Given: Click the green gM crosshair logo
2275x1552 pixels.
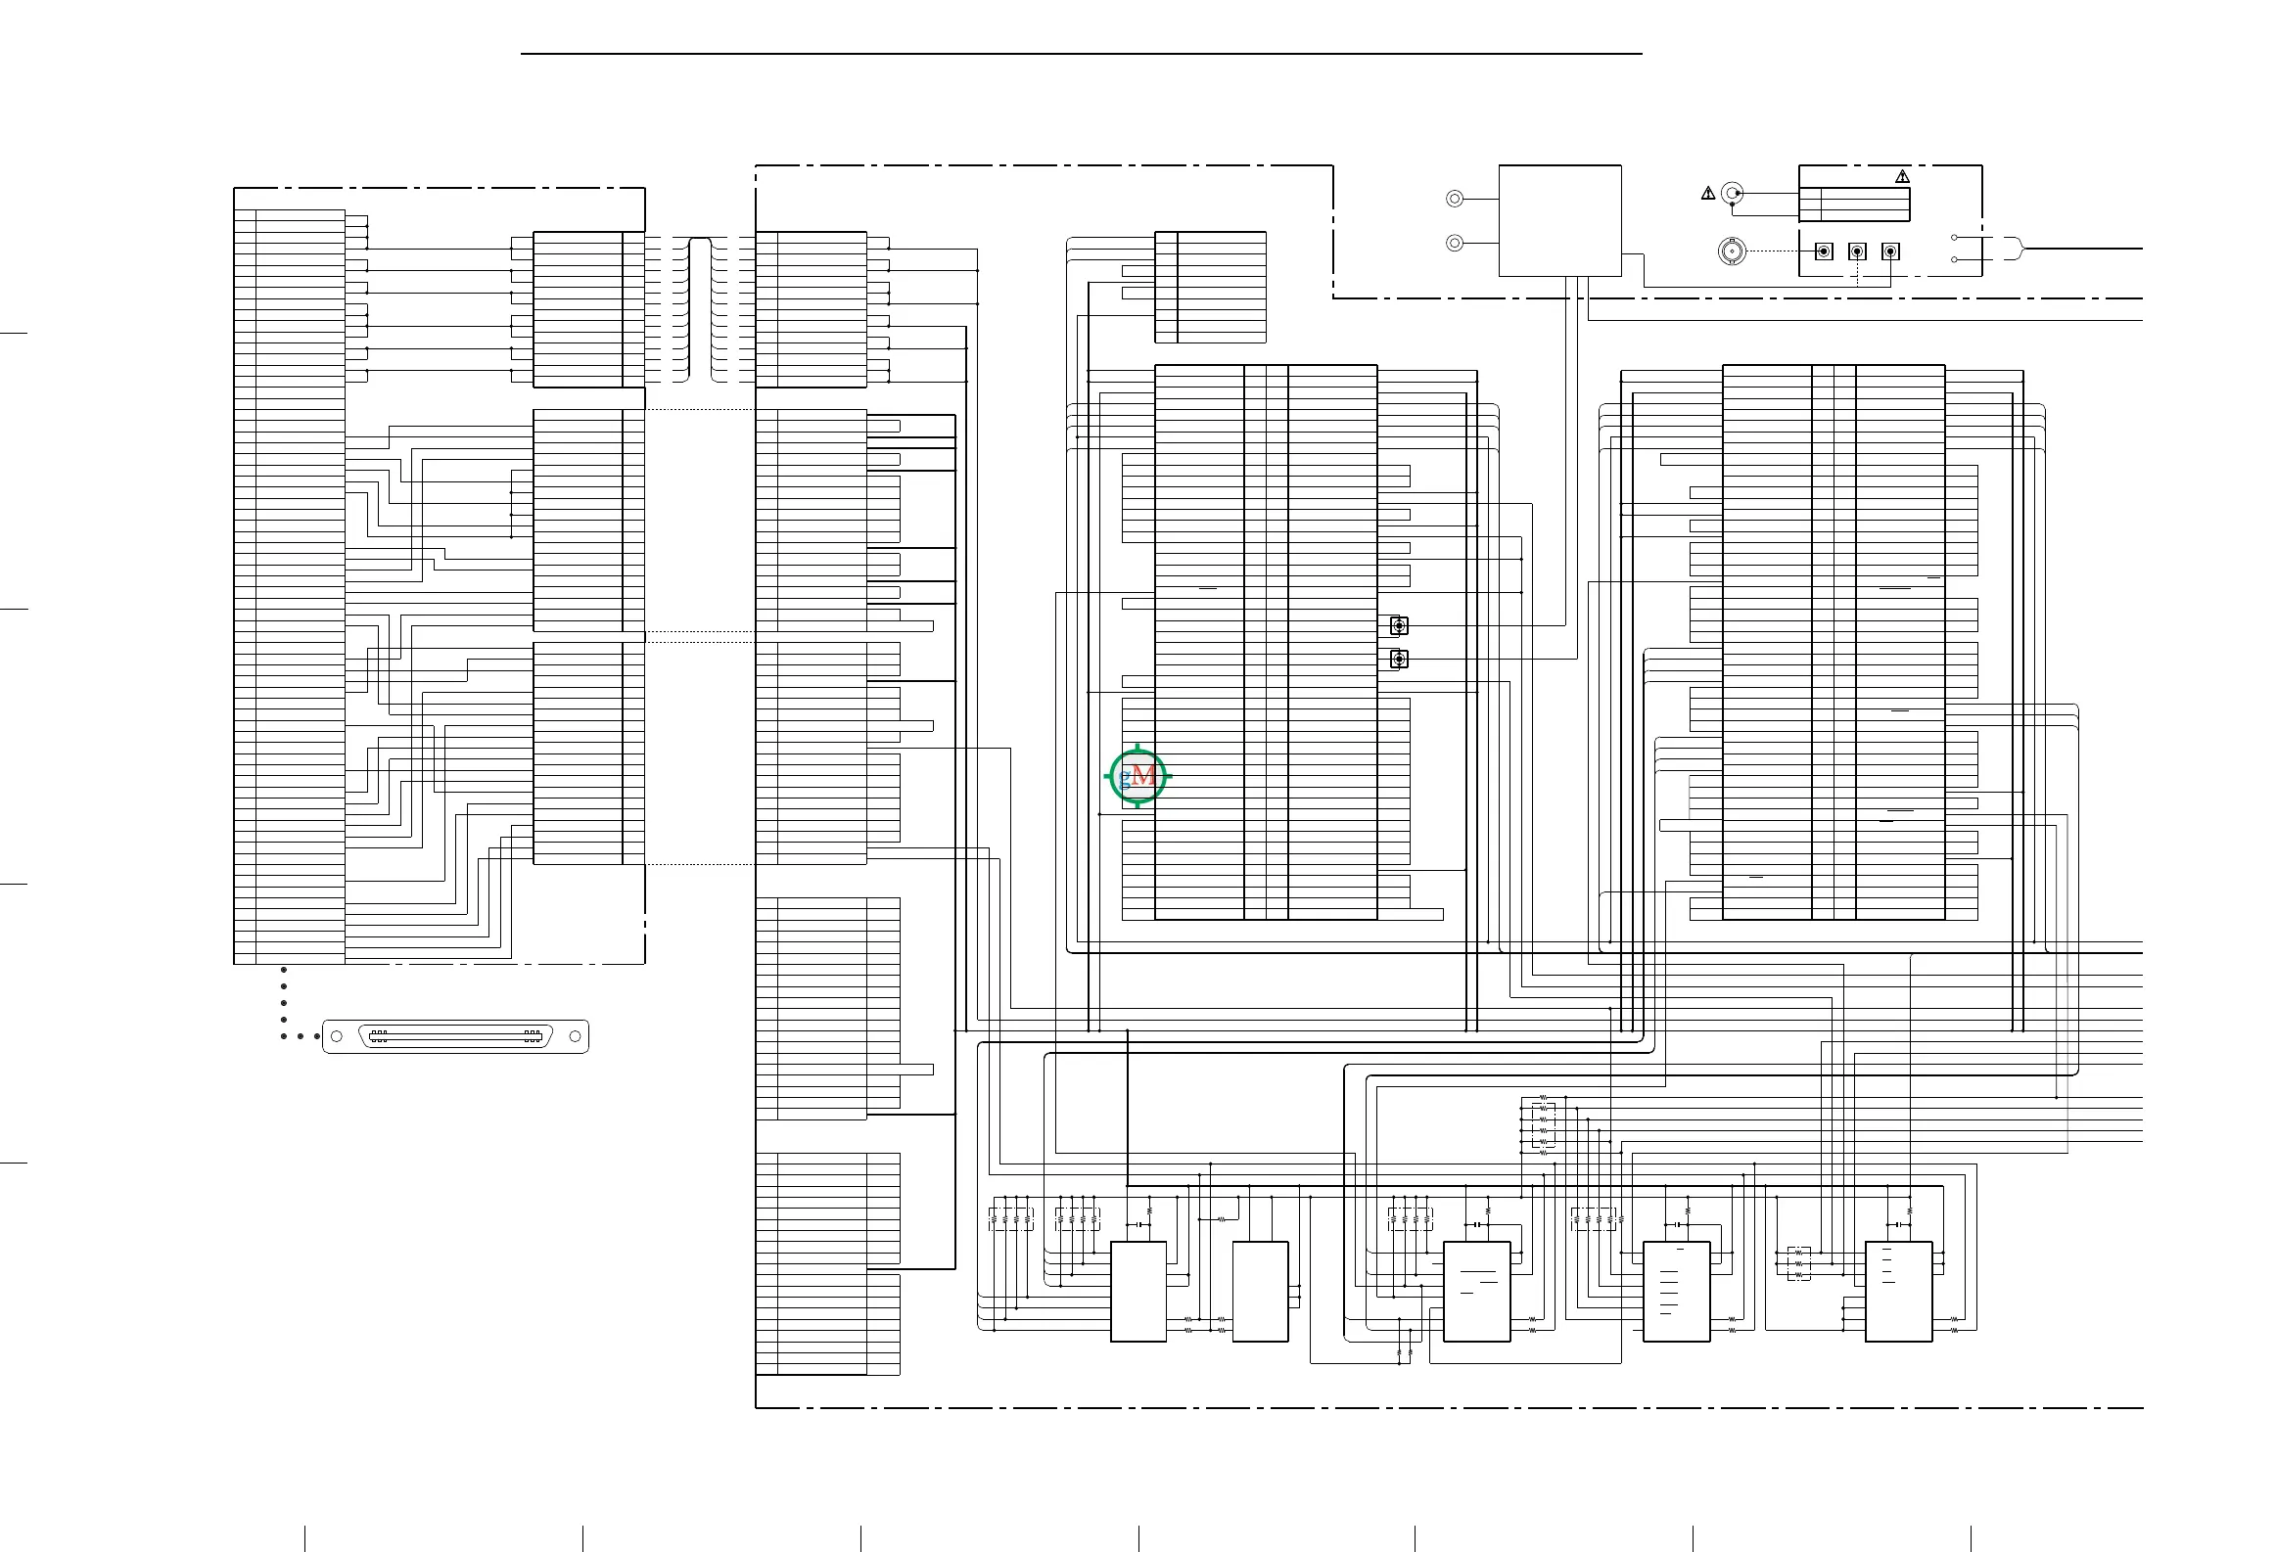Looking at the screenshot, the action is (x=1137, y=776).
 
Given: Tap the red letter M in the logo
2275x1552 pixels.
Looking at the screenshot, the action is (x=1143, y=777).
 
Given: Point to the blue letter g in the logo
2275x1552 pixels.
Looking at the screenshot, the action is (x=1126, y=779).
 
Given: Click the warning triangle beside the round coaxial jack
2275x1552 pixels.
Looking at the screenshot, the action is (x=1708, y=194).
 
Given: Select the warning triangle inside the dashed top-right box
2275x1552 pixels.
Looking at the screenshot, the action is (x=1902, y=176).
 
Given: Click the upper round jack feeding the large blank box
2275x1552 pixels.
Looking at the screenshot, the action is (x=1455, y=199).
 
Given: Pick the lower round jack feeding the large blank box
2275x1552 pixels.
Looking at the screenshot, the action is (x=1455, y=243).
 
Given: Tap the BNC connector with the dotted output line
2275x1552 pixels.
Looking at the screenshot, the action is (x=1732, y=251).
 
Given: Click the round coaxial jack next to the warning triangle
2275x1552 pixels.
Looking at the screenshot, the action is (x=1733, y=193).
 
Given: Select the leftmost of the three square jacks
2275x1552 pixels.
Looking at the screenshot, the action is (x=1824, y=251).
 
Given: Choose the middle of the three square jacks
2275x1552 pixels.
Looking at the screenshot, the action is (x=1857, y=251).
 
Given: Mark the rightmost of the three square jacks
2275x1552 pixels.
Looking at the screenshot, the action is (x=1890, y=251).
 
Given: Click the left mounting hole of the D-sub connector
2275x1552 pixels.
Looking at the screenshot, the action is (x=337, y=1036).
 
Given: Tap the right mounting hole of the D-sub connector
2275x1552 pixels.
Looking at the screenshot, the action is (x=575, y=1036).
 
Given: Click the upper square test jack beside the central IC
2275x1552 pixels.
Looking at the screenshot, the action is (x=1399, y=625).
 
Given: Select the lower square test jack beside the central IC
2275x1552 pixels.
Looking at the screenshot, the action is (x=1399, y=660).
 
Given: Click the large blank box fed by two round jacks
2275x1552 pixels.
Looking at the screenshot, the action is (x=1560, y=221).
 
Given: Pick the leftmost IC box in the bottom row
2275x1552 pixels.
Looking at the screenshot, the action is (x=1138, y=1292).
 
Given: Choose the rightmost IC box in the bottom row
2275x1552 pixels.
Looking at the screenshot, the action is (x=1899, y=1292).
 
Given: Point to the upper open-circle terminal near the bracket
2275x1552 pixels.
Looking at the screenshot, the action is (x=1954, y=238).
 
